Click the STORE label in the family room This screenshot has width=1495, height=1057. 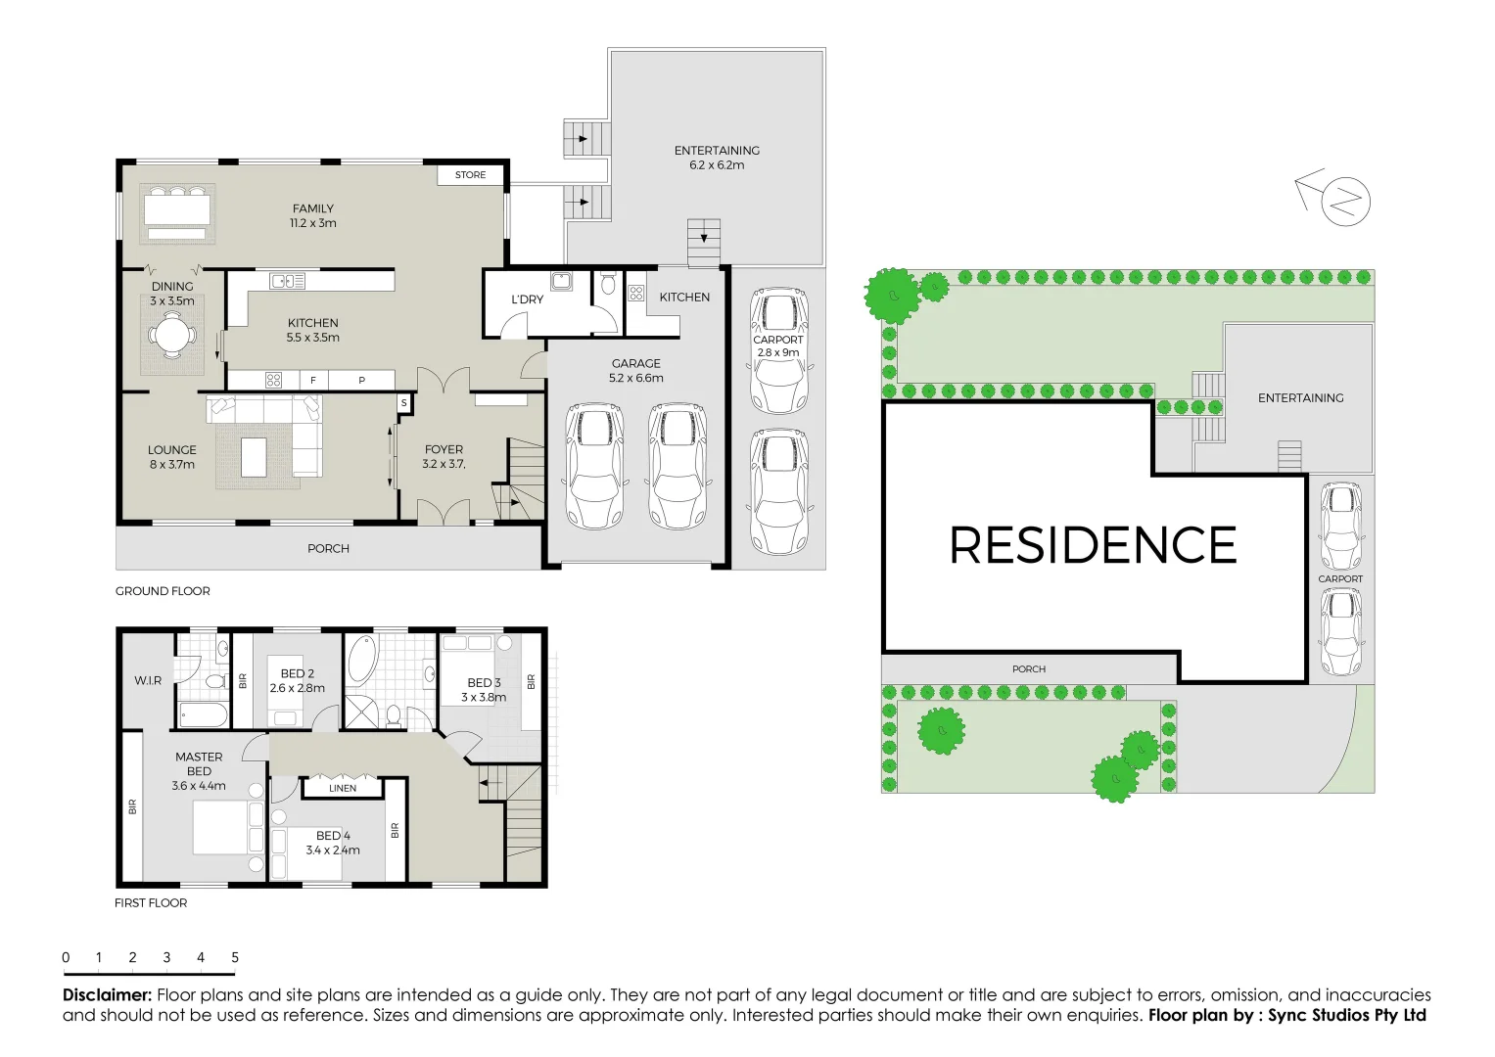click(470, 175)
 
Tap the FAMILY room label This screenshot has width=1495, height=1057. click(313, 209)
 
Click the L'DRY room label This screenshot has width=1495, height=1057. click(527, 299)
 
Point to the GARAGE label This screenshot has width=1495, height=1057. click(636, 364)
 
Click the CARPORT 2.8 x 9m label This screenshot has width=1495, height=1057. click(778, 346)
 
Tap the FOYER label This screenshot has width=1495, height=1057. click(444, 450)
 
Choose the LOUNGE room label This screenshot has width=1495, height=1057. click(172, 450)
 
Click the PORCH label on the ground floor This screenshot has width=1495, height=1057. click(328, 549)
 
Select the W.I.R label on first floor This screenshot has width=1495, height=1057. click(148, 680)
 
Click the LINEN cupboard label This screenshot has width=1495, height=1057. click(343, 788)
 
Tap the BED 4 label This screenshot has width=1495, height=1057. click(333, 836)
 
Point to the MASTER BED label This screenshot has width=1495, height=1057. click(199, 764)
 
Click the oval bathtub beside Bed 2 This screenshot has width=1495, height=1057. click(362, 661)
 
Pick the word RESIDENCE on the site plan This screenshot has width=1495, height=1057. click(1094, 545)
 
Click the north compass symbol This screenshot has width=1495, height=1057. click(1344, 202)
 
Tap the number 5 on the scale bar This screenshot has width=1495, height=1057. click(235, 958)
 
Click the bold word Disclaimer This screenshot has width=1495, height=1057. click(108, 995)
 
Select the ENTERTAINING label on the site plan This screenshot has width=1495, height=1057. click(1300, 398)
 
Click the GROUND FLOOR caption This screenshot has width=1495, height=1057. click(163, 591)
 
